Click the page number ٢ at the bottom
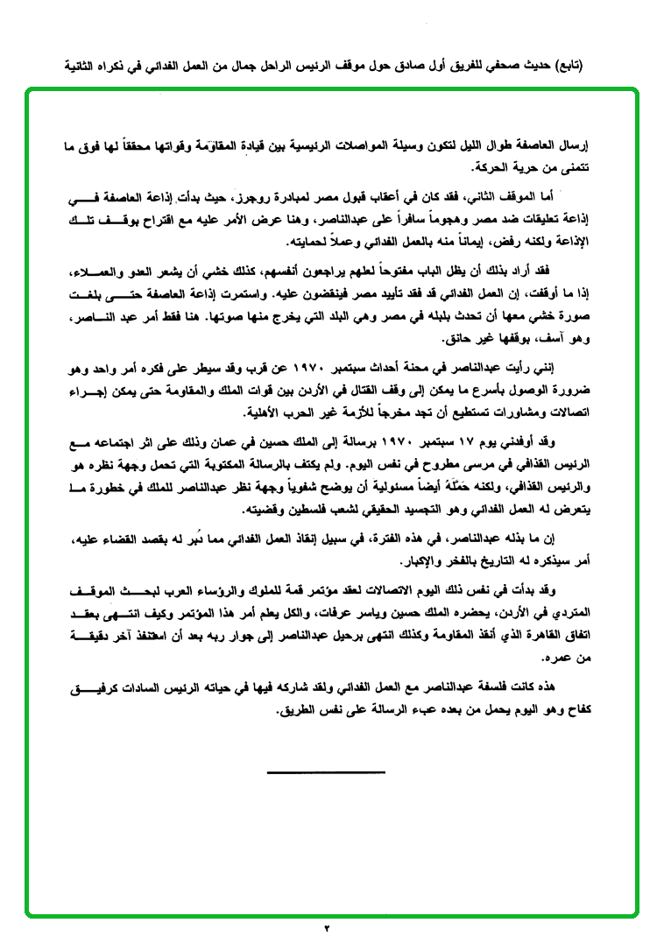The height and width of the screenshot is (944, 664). coord(325,926)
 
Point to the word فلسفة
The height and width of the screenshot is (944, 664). coord(503,687)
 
